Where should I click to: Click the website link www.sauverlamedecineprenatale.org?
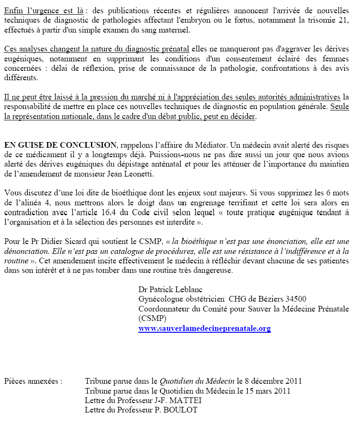click(204, 328)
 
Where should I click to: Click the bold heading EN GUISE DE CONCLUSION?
click(60, 145)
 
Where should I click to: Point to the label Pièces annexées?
click(33, 381)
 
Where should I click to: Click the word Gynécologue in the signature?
click(160, 299)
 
